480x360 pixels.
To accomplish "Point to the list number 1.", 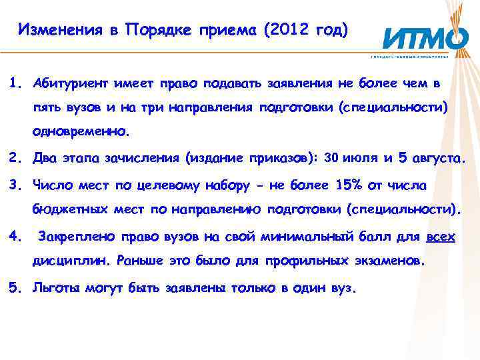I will click(x=13, y=84).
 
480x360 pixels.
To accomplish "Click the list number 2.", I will click(x=13, y=159).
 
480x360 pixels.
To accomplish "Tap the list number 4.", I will click(x=13, y=235).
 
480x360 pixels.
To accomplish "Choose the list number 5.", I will click(x=13, y=289).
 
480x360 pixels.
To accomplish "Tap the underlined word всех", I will click(x=441, y=236).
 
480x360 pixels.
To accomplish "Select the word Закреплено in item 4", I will click(x=71, y=236).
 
